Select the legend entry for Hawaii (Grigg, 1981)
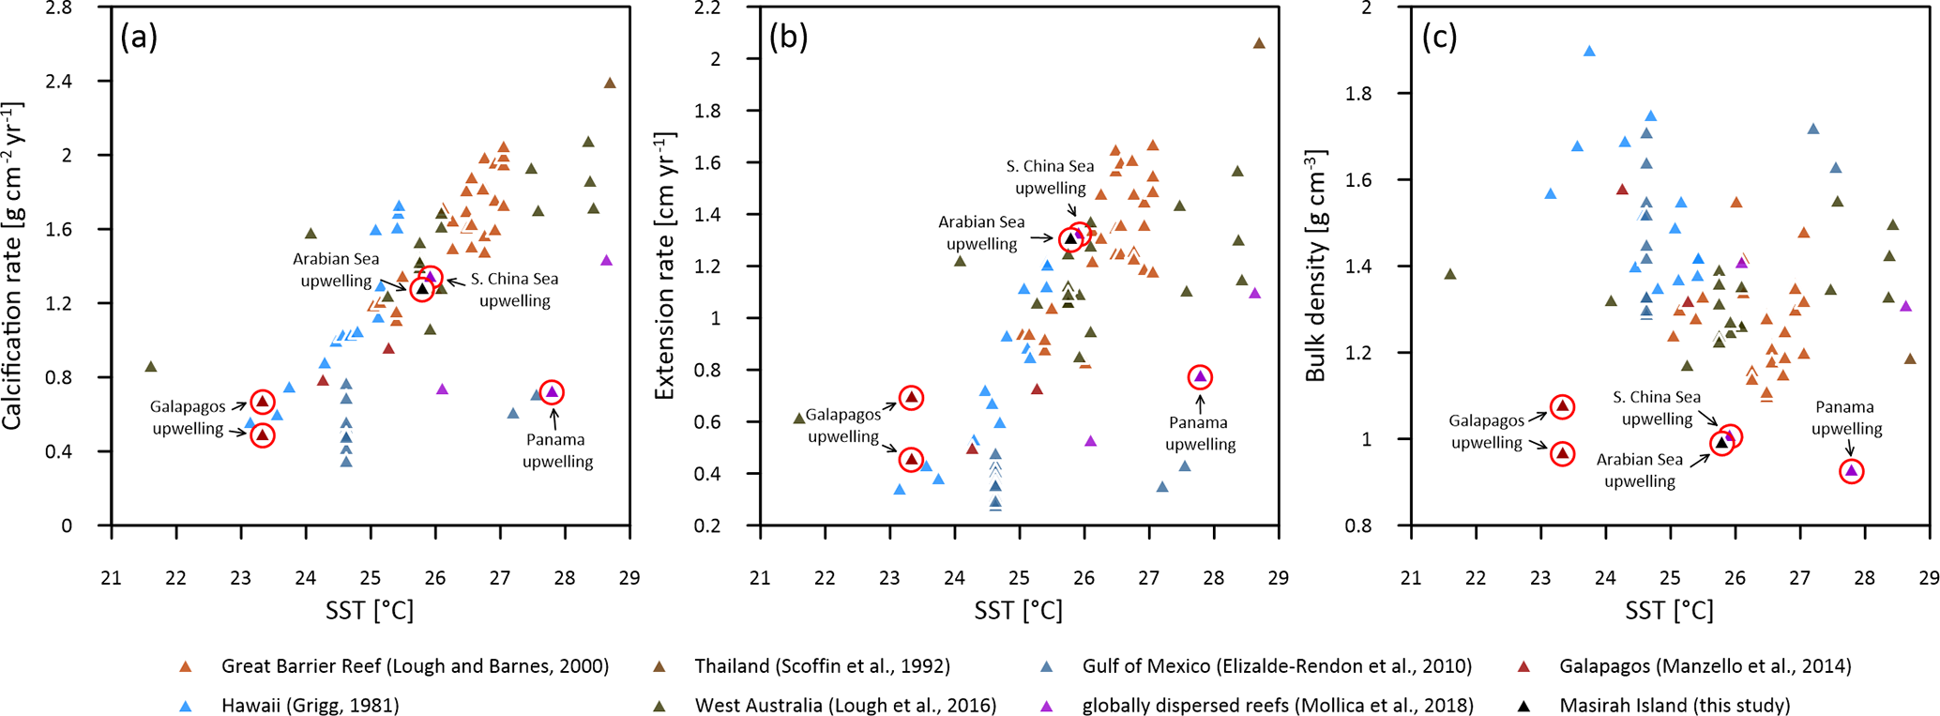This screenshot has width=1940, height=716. [310, 706]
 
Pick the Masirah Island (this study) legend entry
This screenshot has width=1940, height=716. [1675, 706]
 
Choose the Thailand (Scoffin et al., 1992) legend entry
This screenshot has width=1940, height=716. [822, 666]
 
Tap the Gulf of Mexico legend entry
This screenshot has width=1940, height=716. [1276, 666]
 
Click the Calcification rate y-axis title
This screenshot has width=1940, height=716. [13, 267]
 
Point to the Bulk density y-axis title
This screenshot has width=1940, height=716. [1315, 266]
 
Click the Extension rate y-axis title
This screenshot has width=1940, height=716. [664, 267]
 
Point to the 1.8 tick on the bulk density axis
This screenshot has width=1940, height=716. [1385, 94]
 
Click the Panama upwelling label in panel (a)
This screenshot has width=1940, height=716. [557, 450]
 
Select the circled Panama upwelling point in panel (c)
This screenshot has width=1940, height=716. [1851, 471]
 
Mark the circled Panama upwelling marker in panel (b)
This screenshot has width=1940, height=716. [1200, 377]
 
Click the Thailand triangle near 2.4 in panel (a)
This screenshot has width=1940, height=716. [610, 84]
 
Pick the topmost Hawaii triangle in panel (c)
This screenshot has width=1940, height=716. [1589, 52]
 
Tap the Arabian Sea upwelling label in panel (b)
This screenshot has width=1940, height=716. [981, 233]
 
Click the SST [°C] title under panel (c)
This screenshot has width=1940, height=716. [1669, 612]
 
